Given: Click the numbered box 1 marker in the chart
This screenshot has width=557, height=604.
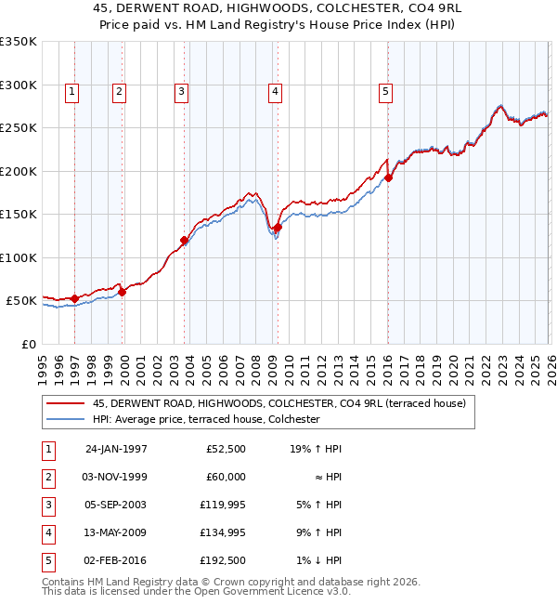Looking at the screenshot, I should pyautogui.click(x=72, y=91).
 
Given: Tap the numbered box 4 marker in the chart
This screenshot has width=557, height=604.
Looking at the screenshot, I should pyautogui.click(x=276, y=91).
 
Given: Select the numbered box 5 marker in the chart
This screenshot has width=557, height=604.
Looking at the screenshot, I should pyautogui.click(x=385, y=91).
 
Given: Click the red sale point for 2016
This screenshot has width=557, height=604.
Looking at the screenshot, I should pyautogui.click(x=388, y=178).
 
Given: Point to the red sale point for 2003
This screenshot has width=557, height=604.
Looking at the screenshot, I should pyautogui.click(x=184, y=241).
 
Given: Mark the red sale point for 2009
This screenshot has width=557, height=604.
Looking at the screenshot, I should pyautogui.click(x=278, y=228).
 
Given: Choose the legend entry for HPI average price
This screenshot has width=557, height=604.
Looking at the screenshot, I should pyautogui.click(x=206, y=419).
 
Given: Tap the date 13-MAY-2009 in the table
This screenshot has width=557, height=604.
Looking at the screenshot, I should pyautogui.click(x=116, y=532).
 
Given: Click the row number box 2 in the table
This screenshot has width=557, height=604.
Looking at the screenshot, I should pyautogui.click(x=47, y=477).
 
